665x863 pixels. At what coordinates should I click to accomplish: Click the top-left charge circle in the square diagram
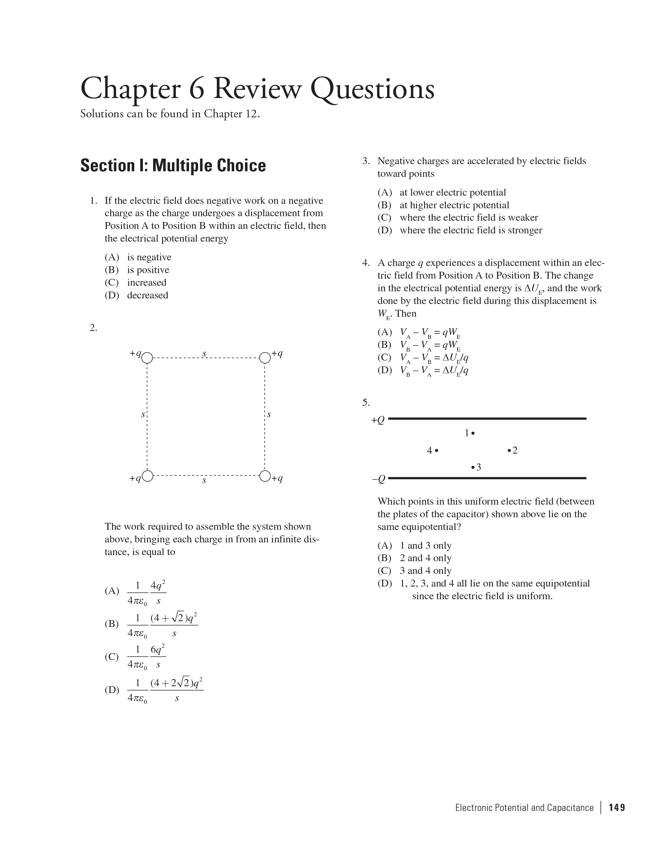[147, 358]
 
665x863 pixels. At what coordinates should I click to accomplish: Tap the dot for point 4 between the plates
[437, 450]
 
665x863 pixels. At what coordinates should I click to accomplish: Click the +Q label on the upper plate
[378, 420]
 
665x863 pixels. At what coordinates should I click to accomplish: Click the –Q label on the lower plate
[378, 479]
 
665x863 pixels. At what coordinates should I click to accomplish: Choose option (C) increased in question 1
[136, 283]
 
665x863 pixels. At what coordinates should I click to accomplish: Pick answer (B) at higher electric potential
[443, 205]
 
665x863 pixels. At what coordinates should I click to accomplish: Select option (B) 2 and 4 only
[414, 558]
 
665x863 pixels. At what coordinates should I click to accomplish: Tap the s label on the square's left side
[143, 414]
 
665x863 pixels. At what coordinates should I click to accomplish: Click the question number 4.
[365, 263]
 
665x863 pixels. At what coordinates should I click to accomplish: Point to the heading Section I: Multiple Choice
[173, 165]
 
